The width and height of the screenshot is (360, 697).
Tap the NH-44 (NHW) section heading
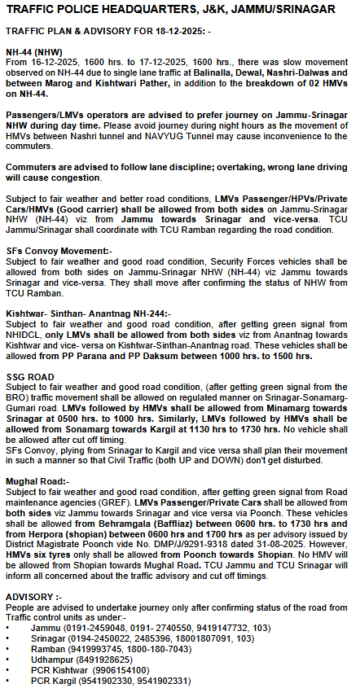[x=33, y=50]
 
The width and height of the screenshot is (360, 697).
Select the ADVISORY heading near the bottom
[x=30, y=597]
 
